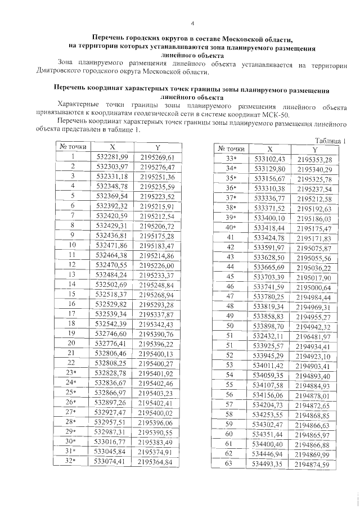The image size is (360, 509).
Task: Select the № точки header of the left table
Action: (x=73, y=147)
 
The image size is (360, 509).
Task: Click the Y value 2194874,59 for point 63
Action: (x=315, y=464)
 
